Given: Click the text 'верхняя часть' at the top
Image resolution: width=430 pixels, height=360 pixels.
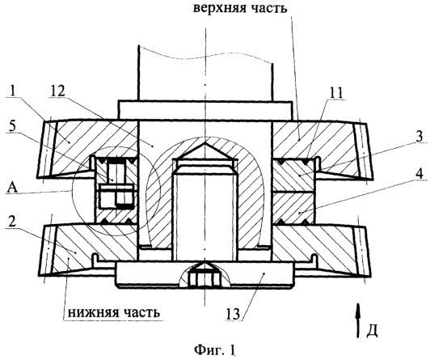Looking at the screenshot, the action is (240, 8).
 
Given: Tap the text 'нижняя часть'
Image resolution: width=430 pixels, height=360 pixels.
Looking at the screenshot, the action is (113, 312).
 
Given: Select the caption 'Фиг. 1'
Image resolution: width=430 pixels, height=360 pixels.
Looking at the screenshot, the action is (215, 349).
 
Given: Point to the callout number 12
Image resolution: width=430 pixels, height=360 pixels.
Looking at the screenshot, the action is (58, 91).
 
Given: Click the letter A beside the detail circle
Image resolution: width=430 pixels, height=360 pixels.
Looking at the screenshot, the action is (12, 188).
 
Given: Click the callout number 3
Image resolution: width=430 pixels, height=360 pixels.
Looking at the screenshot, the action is (419, 137).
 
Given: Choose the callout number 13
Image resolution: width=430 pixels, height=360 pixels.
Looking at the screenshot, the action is (235, 313).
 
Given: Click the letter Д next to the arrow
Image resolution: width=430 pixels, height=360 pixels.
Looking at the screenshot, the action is (372, 331).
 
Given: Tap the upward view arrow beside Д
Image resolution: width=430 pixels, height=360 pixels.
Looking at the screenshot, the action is (357, 320).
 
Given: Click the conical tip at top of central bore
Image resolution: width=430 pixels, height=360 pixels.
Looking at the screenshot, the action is (205, 150).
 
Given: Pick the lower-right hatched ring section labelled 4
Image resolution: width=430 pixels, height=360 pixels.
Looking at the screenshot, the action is (293, 208).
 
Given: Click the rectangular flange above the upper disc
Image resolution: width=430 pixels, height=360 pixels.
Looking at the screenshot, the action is (204, 111).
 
